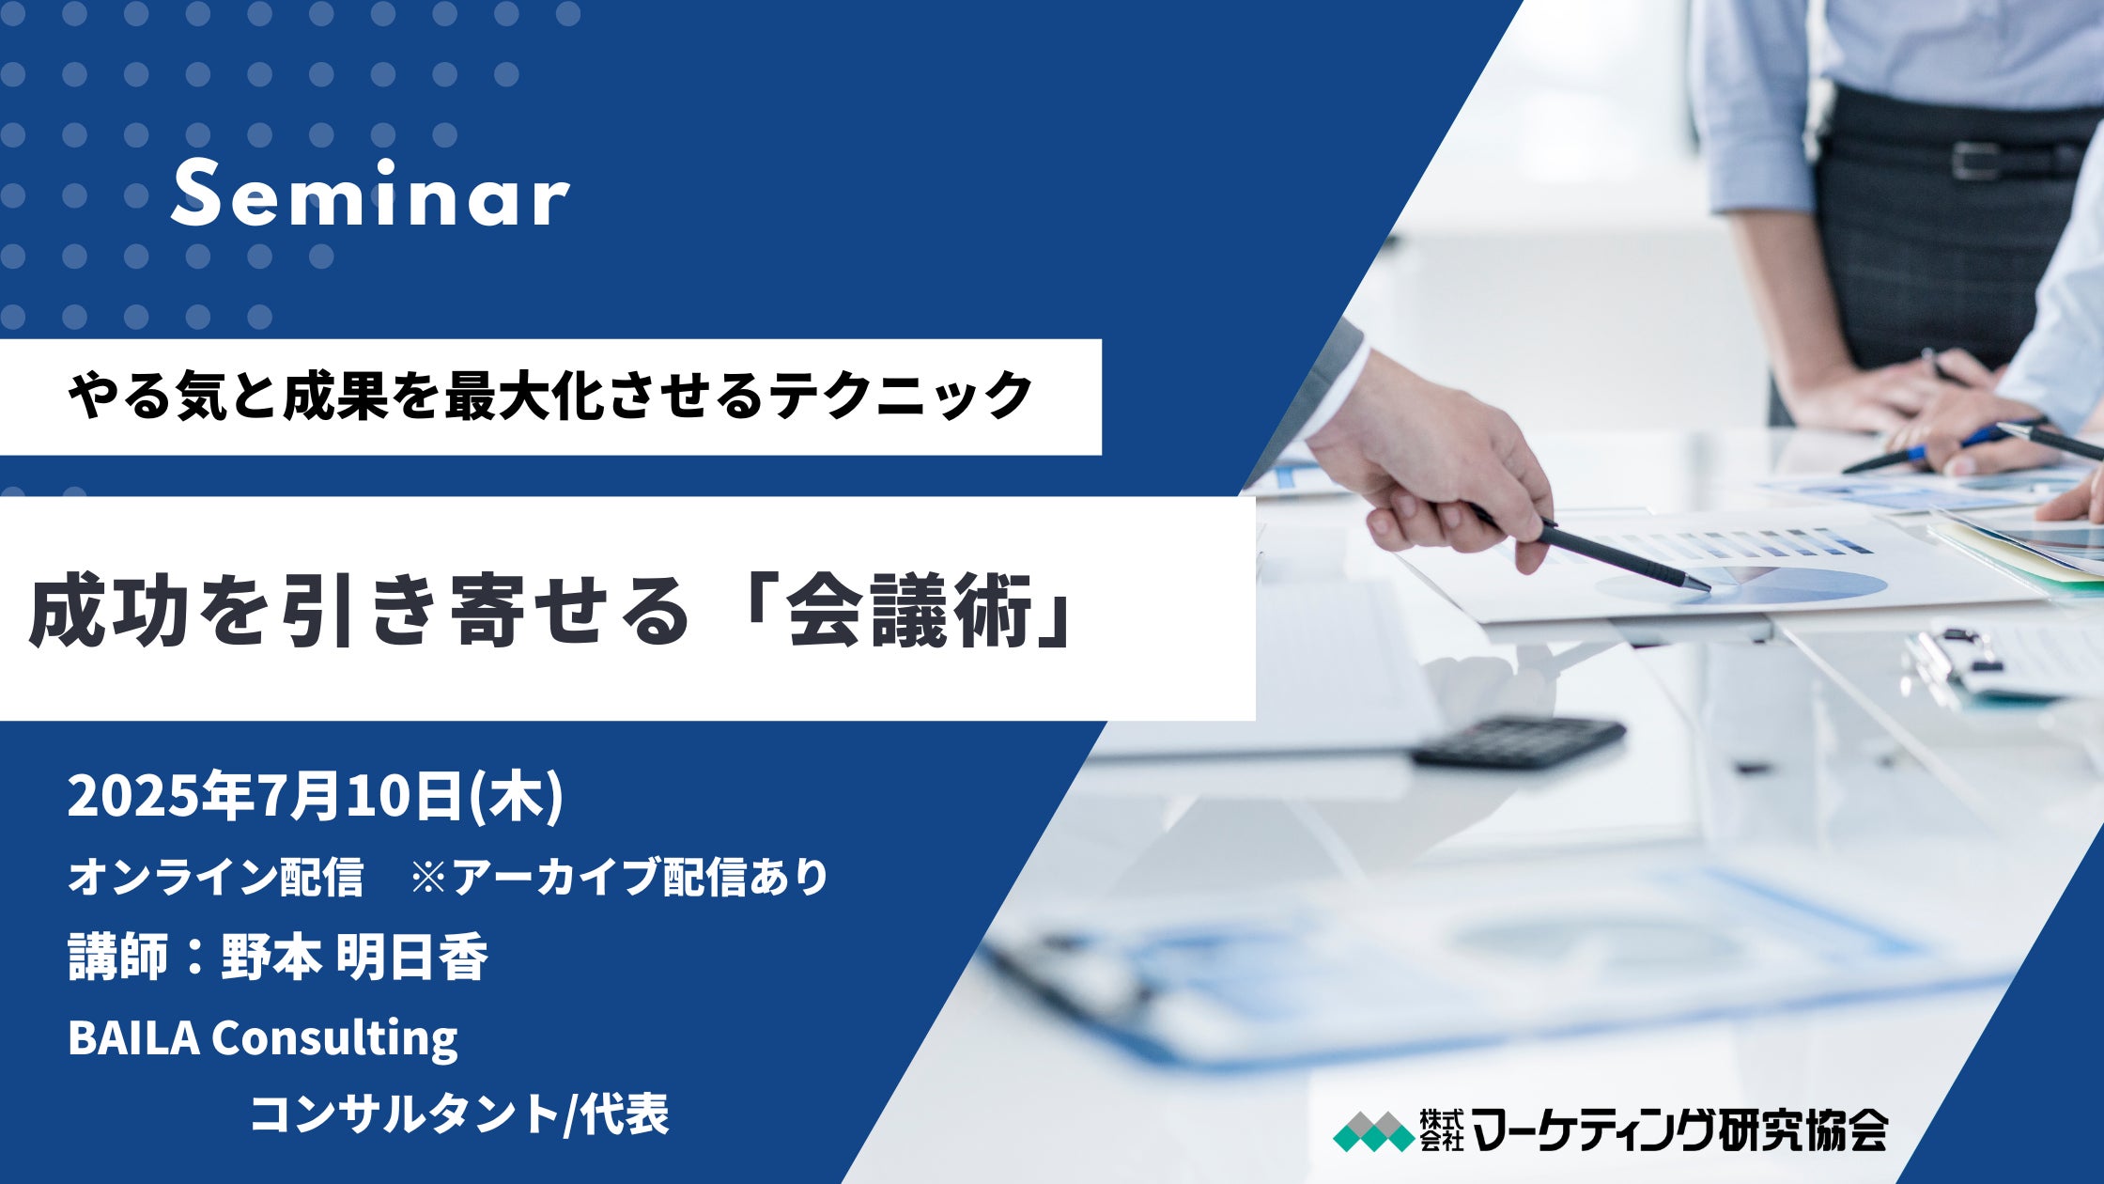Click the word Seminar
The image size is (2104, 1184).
point(370,195)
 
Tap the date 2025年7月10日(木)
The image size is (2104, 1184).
point(315,797)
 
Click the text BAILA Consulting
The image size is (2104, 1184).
point(262,1037)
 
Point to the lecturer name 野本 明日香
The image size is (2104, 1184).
point(354,958)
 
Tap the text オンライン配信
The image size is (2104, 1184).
point(215,877)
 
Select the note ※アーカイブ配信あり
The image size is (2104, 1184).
point(619,877)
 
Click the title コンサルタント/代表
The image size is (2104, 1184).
point(458,1114)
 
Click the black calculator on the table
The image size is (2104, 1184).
point(1518,742)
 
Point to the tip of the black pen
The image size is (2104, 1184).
point(1706,589)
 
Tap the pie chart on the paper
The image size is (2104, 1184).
point(1747,585)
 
